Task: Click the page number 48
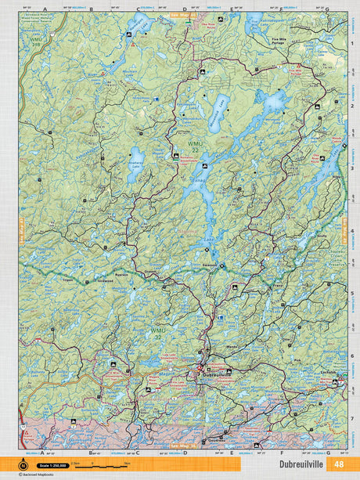click(338, 464)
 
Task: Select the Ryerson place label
click(121, 276)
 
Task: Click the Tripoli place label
click(68, 280)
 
